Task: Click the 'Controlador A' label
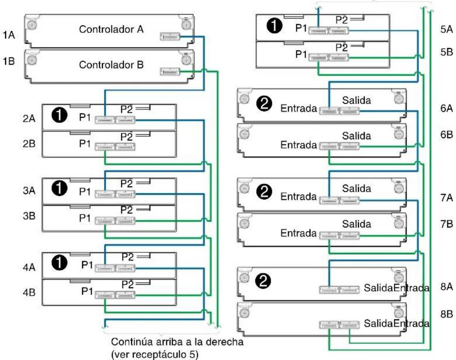[111, 29]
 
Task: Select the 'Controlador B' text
[111, 65]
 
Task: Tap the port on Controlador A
[170, 36]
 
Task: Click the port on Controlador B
[170, 72]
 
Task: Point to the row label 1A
[9, 35]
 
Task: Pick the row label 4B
[29, 292]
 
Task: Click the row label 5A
[447, 29]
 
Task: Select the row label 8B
[447, 314]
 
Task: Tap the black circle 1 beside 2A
[59, 115]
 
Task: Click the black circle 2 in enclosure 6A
[265, 103]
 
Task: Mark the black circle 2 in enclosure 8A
[263, 281]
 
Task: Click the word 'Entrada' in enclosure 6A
[298, 108]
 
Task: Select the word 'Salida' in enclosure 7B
[357, 224]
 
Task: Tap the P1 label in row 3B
[85, 218]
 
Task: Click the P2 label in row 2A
[126, 109]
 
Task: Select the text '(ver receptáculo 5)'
[154, 354]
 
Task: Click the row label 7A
[447, 198]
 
